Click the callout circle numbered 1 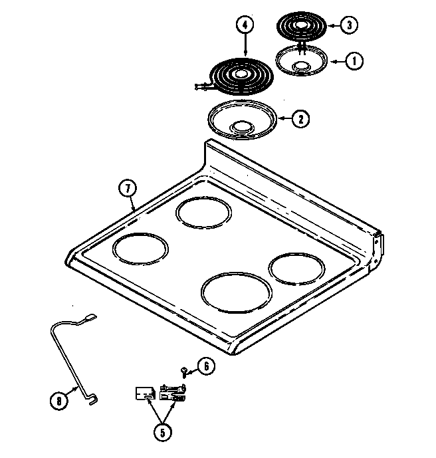pyautogui.click(x=356, y=60)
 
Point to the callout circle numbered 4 pyautogui.click(x=246, y=25)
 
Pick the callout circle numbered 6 pyautogui.click(x=206, y=366)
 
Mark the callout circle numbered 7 pyautogui.click(x=127, y=188)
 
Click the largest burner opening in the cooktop pyautogui.click(x=236, y=292)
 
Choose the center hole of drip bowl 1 pyautogui.click(x=302, y=66)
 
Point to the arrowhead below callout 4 pyautogui.click(x=246, y=54)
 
